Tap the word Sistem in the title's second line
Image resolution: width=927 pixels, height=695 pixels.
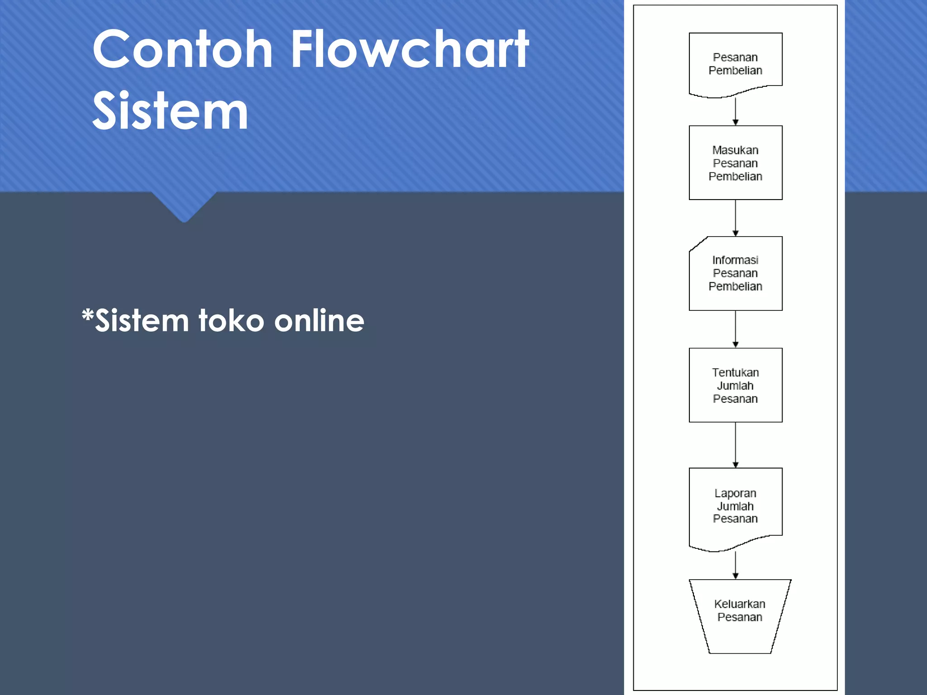click(x=170, y=111)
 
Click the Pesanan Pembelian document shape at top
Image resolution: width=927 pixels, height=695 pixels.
click(x=735, y=64)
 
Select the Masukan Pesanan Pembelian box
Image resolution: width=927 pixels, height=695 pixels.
click(x=735, y=163)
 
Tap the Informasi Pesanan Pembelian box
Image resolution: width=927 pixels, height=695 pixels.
click(x=735, y=273)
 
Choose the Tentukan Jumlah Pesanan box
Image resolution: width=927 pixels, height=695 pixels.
click(x=735, y=385)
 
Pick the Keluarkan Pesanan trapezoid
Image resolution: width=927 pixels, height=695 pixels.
click(x=740, y=615)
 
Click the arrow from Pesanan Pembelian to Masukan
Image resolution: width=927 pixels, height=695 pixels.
click(x=735, y=112)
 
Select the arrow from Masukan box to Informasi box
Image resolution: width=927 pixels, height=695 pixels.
click(x=735, y=218)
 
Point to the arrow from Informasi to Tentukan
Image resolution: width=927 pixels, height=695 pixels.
click(x=735, y=329)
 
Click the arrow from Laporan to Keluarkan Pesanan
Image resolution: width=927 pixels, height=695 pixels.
click(x=735, y=566)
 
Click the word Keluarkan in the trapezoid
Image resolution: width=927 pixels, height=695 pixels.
click(x=740, y=604)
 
